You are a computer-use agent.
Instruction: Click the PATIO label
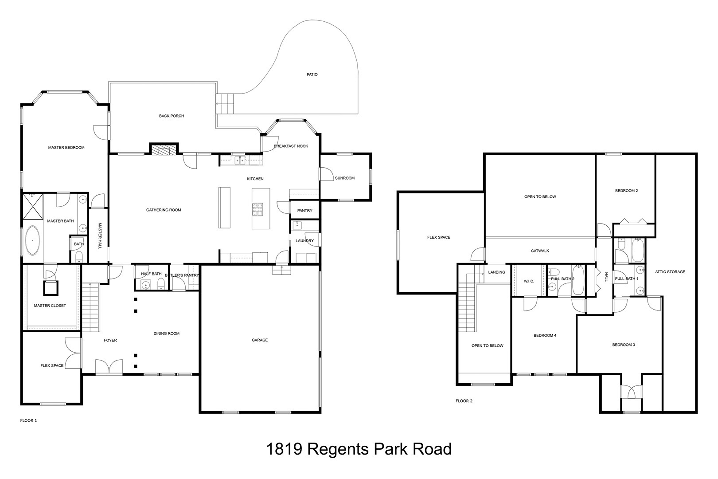tap(312, 75)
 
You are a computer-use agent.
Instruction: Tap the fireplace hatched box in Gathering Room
tap(164, 150)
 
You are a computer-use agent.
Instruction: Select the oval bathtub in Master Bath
tap(32, 241)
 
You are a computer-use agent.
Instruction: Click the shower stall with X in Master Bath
tap(33, 206)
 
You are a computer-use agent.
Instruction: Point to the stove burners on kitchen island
tap(258, 209)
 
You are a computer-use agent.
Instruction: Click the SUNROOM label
tap(344, 178)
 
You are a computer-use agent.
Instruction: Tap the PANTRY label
tap(304, 211)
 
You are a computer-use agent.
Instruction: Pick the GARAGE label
tap(260, 340)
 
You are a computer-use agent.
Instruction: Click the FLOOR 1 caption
tap(28, 420)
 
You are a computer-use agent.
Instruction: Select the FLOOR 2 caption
tap(464, 401)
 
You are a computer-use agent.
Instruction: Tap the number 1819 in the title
tap(284, 449)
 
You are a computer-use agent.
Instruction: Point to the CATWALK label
tap(540, 251)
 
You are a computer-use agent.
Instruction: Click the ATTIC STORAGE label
tap(670, 272)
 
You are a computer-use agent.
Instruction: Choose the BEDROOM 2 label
tap(626, 191)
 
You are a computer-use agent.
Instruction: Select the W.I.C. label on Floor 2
tap(529, 281)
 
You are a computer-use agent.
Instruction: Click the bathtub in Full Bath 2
tap(578, 280)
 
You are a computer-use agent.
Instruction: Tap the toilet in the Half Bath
tap(161, 283)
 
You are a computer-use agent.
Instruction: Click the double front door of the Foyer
tap(109, 367)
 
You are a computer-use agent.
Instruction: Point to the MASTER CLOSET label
tap(50, 306)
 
